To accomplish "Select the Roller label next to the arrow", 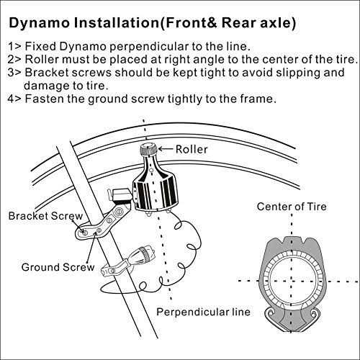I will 191,150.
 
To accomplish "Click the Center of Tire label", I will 292,207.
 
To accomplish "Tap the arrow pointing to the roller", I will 167,150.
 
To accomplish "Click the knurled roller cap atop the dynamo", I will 148,150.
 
